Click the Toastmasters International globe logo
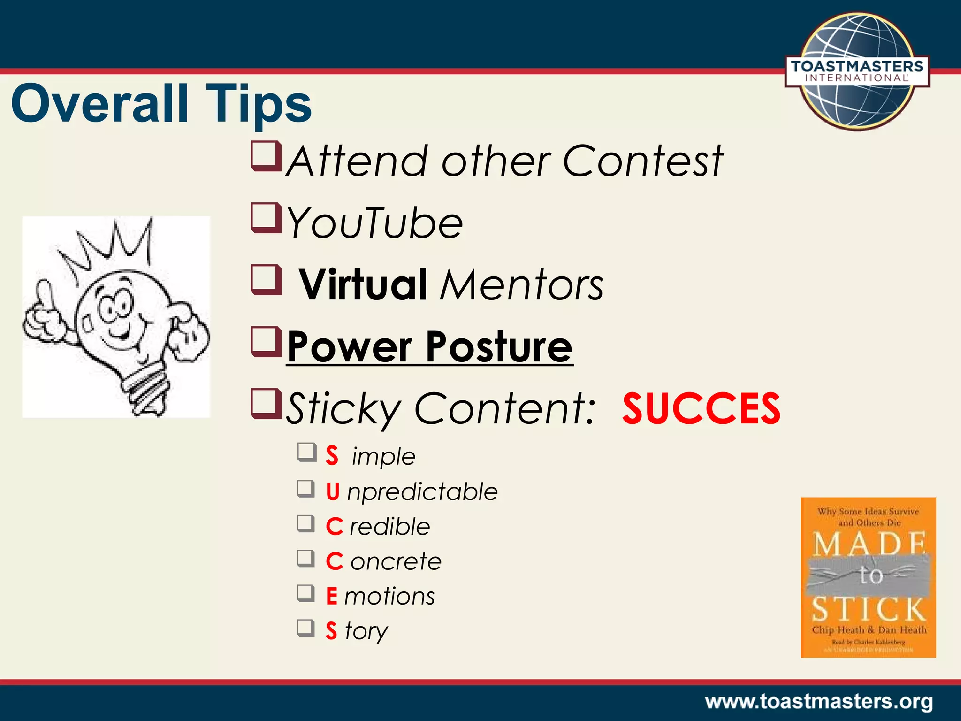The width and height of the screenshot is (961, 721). (x=857, y=70)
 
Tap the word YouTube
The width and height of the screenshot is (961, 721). (x=374, y=223)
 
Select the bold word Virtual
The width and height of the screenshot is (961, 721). (x=363, y=285)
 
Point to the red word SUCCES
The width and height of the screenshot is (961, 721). (x=701, y=409)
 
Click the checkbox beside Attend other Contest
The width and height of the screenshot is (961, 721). (x=266, y=156)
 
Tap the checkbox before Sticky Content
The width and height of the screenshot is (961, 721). (x=266, y=403)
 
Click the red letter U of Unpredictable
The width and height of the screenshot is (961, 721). (x=333, y=491)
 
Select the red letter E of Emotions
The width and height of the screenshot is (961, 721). (x=332, y=596)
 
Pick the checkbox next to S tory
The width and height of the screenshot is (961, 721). (x=306, y=628)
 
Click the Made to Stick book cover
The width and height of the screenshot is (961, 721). (x=868, y=577)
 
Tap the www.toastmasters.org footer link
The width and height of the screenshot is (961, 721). (x=818, y=702)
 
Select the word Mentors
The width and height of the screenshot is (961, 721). (x=521, y=285)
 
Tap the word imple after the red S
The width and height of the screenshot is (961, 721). (x=383, y=457)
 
